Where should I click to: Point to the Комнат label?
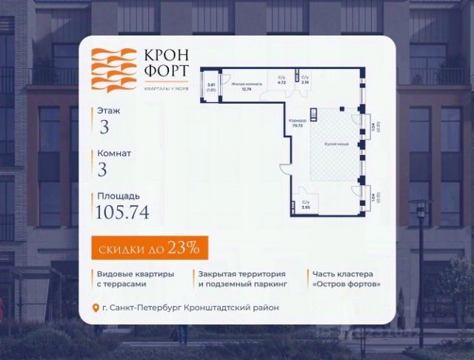pos(113,153)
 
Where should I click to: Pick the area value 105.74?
pos(122,213)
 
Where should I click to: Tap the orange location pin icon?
pos(94,308)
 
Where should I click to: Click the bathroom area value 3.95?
pos(305,208)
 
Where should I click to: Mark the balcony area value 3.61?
pos(211,85)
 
